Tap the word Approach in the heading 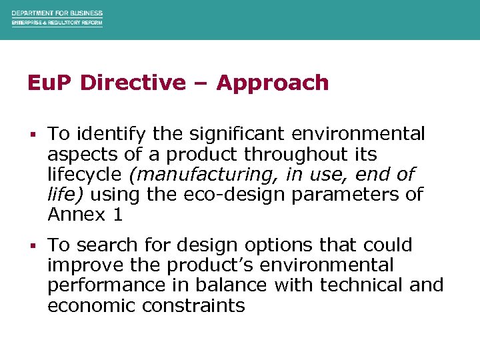273,83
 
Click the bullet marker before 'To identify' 32,135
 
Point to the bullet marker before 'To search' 32,246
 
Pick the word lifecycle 84,174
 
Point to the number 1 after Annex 118,214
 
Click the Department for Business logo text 57,13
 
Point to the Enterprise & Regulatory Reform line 57,23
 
